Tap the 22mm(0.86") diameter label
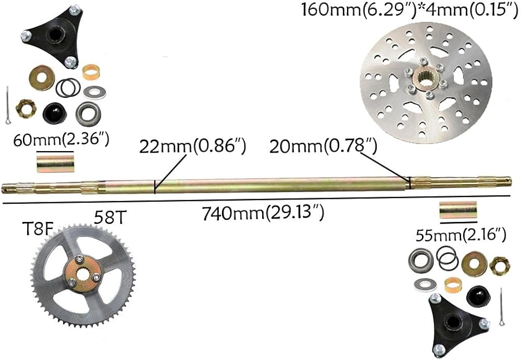pos(192,146)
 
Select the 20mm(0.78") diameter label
pos(323,146)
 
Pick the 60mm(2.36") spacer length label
pos(61,140)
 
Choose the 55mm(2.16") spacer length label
pos(461,235)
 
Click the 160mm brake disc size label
pos(410,9)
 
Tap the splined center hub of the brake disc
pos(425,78)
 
